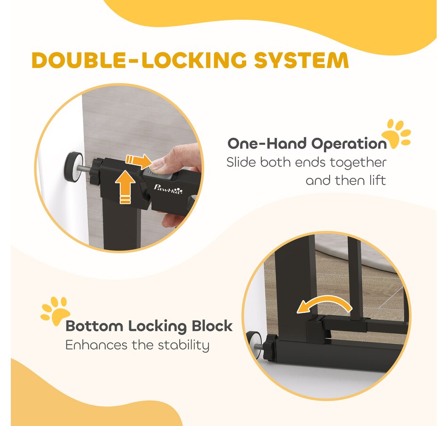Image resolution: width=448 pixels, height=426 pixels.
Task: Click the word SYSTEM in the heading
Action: click(x=301, y=60)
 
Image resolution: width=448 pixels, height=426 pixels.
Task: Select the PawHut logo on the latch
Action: click(x=168, y=189)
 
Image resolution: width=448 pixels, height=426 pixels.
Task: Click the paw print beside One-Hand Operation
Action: click(x=396, y=134)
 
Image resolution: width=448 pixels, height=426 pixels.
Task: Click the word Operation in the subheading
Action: click(x=348, y=143)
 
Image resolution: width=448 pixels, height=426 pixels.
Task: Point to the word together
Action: click(x=358, y=163)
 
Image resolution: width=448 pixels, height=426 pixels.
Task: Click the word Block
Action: click(x=212, y=326)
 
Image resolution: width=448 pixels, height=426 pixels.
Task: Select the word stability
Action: click(x=183, y=345)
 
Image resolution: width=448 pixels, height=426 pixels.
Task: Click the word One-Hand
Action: click(x=267, y=143)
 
